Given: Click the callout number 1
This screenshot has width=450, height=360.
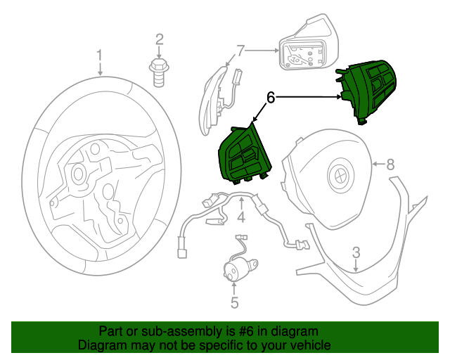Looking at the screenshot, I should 100,55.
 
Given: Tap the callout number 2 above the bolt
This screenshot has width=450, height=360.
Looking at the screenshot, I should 160,39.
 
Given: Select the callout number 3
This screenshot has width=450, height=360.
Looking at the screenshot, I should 356,252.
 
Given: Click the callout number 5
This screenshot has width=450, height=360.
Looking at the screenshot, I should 235,303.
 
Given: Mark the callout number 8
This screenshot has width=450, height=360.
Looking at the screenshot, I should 391,165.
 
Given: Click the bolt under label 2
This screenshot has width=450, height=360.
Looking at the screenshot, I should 159,70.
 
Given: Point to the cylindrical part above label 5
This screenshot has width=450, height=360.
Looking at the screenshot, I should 235,271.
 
